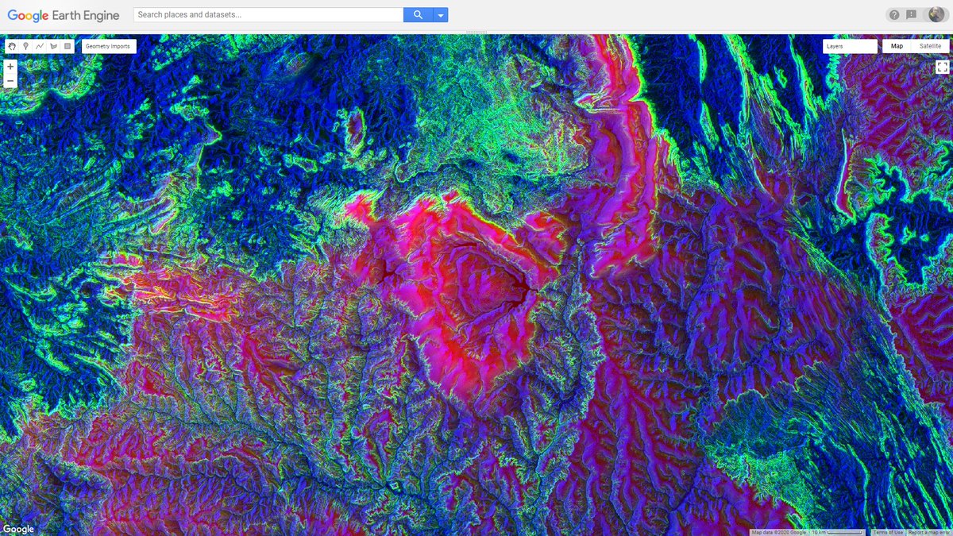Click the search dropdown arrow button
pos(440,15)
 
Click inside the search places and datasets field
pos(268,15)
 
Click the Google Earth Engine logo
pos(64,15)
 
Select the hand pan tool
pos(12,46)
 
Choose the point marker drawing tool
pos(25,46)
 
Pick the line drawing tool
pos(40,46)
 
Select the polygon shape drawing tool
pos(53,46)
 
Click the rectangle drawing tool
pos(68,46)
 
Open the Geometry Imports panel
pos(108,46)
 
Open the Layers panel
pos(850,46)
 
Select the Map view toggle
pos(897,46)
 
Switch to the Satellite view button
pos(930,46)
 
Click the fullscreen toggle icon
pos(942,67)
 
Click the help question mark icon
pos(894,15)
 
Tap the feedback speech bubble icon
pos(912,15)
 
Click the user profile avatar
pos(936,14)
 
